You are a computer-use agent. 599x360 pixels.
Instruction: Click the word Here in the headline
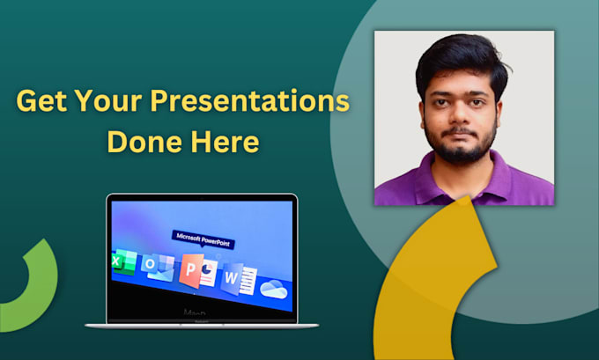tap(227, 141)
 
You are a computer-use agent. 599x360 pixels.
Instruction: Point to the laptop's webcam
tap(202, 198)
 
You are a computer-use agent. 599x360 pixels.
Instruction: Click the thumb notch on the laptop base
tap(202, 322)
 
